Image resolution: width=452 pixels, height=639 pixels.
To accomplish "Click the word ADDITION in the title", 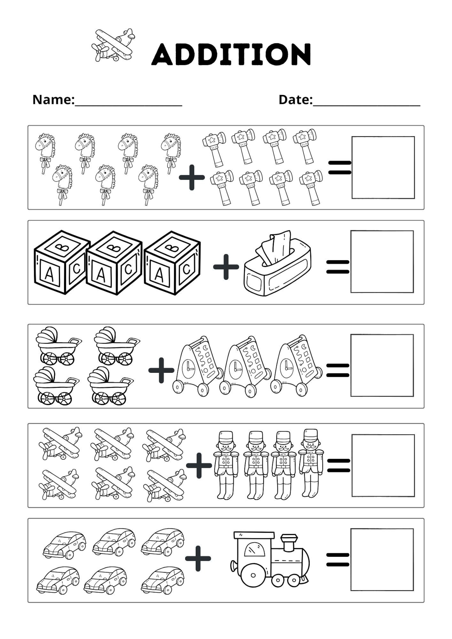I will click(231, 54).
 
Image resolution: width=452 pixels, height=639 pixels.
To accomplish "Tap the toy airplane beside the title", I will click(113, 45).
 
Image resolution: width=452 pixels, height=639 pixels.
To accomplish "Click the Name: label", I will click(54, 100).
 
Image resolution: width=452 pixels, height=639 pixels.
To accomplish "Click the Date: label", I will click(295, 100).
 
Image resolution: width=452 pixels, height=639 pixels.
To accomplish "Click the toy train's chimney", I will click(289, 543).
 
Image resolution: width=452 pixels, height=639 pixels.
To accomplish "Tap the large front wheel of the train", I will click(253, 575).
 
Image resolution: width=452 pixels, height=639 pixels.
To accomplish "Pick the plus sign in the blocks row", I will click(226, 267).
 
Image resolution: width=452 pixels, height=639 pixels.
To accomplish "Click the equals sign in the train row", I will click(338, 560).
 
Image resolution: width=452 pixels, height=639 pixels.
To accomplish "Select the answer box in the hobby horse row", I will click(383, 168).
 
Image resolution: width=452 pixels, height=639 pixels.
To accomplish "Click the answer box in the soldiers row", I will click(383, 465).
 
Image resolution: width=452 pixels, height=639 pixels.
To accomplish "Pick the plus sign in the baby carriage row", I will click(161, 370).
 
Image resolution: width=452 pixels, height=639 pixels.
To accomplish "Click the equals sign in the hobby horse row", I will click(340, 168).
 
